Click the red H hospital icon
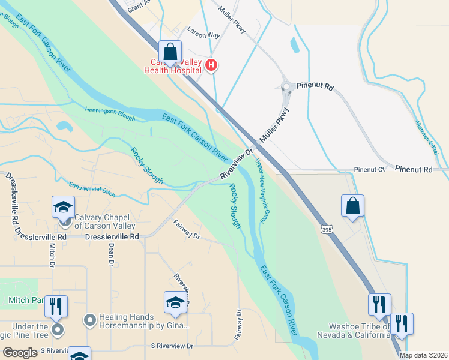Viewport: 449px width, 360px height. point(211,65)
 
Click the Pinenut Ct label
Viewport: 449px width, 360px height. point(369,170)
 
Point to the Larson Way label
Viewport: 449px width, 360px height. point(203,35)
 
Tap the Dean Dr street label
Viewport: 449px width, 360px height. point(111,256)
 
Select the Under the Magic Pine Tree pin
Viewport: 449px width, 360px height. point(57,329)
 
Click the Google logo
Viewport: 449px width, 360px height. point(20,353)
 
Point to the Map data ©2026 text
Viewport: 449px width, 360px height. point(423,355)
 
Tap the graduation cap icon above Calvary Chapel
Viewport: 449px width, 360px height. point(63,207)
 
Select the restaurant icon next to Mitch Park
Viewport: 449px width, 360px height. point(55,306)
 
